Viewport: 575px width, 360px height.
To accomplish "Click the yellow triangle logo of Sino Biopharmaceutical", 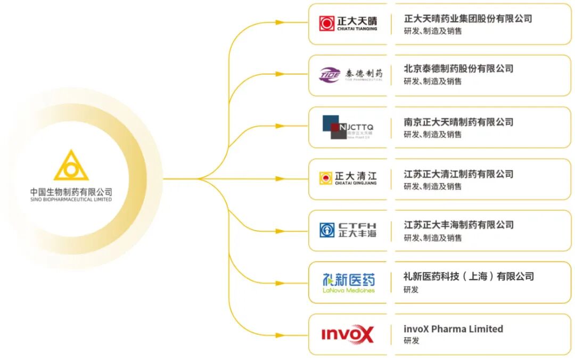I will tap(71, 167).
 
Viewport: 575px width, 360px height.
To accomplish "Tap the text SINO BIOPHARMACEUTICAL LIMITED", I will tap(71, 200).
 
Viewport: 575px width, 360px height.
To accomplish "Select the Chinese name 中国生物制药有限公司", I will tap(71, 192).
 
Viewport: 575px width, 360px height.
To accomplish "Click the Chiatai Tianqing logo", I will tap(348, 23).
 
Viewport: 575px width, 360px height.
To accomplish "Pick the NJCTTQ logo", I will tap(348, 127).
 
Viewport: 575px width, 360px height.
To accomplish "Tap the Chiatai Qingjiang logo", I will tap(348, 178).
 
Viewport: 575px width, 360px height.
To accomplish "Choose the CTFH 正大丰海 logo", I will tap(348, 230).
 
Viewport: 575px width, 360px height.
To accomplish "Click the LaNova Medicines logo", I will tap(349, 282).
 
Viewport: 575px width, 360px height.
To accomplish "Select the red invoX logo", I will tap(348, 334).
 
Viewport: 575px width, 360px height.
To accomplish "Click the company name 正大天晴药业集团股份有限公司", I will tap(468, 19).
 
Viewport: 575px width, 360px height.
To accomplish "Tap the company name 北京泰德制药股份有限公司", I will tap(458, 69).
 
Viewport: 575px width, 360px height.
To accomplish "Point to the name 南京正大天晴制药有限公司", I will tap(458, 122).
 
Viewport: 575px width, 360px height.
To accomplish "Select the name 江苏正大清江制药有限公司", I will tap(458, 174).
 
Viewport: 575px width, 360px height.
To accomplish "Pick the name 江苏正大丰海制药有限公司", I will tap(458, 225).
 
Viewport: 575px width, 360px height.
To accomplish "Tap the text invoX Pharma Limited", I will tap(453, 329).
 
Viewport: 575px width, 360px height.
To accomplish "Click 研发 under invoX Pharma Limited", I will tap(411, 341).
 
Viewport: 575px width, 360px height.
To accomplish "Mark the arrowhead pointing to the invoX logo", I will tap(280, 335).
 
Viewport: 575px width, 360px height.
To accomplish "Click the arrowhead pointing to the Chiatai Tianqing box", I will tap(280, 22).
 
